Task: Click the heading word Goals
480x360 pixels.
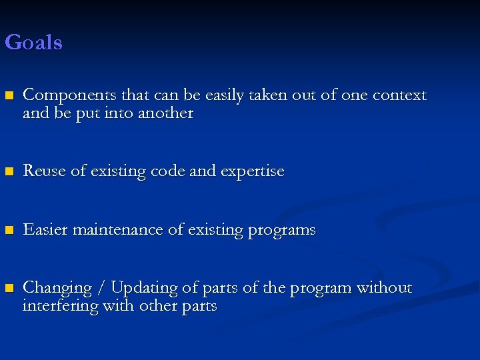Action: click(x=33, y=43)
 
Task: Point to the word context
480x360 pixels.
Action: click(x=399, y=96)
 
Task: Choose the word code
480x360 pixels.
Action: click(x=169, y=171)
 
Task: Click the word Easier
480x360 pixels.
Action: click(x=45, y=230)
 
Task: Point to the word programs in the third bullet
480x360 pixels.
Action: click(x=281, y=230)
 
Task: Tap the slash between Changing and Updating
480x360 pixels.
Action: click(x=102, y=288)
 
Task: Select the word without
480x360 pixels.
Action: click(x=384, y=288)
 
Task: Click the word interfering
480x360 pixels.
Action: click(x=55, y=306)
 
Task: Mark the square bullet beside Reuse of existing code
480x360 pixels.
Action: click(x=9, y=172)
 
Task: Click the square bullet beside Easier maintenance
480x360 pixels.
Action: click(x=9, y=231)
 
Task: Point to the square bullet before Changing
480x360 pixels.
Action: click(x=9, y=289)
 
